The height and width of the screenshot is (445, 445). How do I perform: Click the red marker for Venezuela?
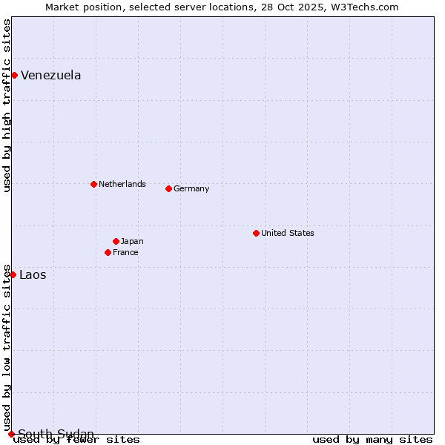[14, 75]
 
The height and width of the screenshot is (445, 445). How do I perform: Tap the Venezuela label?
[51, 76]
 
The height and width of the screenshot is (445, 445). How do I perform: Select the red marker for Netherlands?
[93, 184]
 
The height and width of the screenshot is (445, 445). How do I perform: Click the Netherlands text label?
[122, 184]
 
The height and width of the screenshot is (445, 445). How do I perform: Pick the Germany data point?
[168, 188]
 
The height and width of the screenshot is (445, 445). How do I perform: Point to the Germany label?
[191, 188]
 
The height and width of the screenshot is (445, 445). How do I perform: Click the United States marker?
[256, 233]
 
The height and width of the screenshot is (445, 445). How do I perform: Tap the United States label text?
[288, 233]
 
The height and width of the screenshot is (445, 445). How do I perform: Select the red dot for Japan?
[116, 241]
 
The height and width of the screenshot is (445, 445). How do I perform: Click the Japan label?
[132, 241]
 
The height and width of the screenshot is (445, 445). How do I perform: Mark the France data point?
[108, 252]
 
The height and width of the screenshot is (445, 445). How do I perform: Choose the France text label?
[125, 252]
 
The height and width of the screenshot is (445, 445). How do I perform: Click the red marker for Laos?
[13, 274]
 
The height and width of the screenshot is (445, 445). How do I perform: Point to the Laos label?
[33, 275]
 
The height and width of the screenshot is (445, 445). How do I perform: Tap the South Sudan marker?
[11, 434]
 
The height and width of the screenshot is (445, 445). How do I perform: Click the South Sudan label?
[56, 434]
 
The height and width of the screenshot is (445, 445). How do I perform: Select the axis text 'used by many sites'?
[372, 440]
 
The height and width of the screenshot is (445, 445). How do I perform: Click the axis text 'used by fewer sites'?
[77, 440]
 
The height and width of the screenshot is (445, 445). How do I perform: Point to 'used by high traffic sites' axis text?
[7, 105]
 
